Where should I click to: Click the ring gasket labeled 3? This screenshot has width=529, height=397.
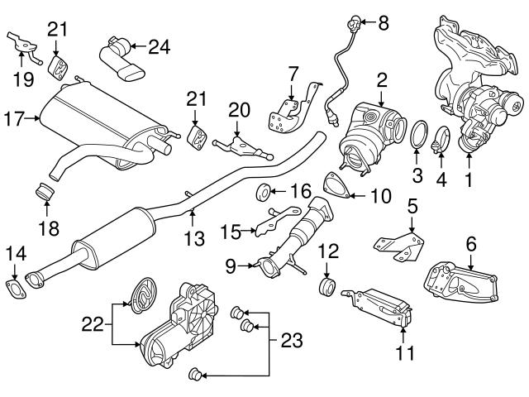(x=421, y=133)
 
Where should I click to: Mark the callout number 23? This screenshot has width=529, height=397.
(x=292, y=339)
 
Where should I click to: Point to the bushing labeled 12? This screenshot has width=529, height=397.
(x=328, y=289)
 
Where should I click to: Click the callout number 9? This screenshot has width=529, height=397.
(x=231, y=265)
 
